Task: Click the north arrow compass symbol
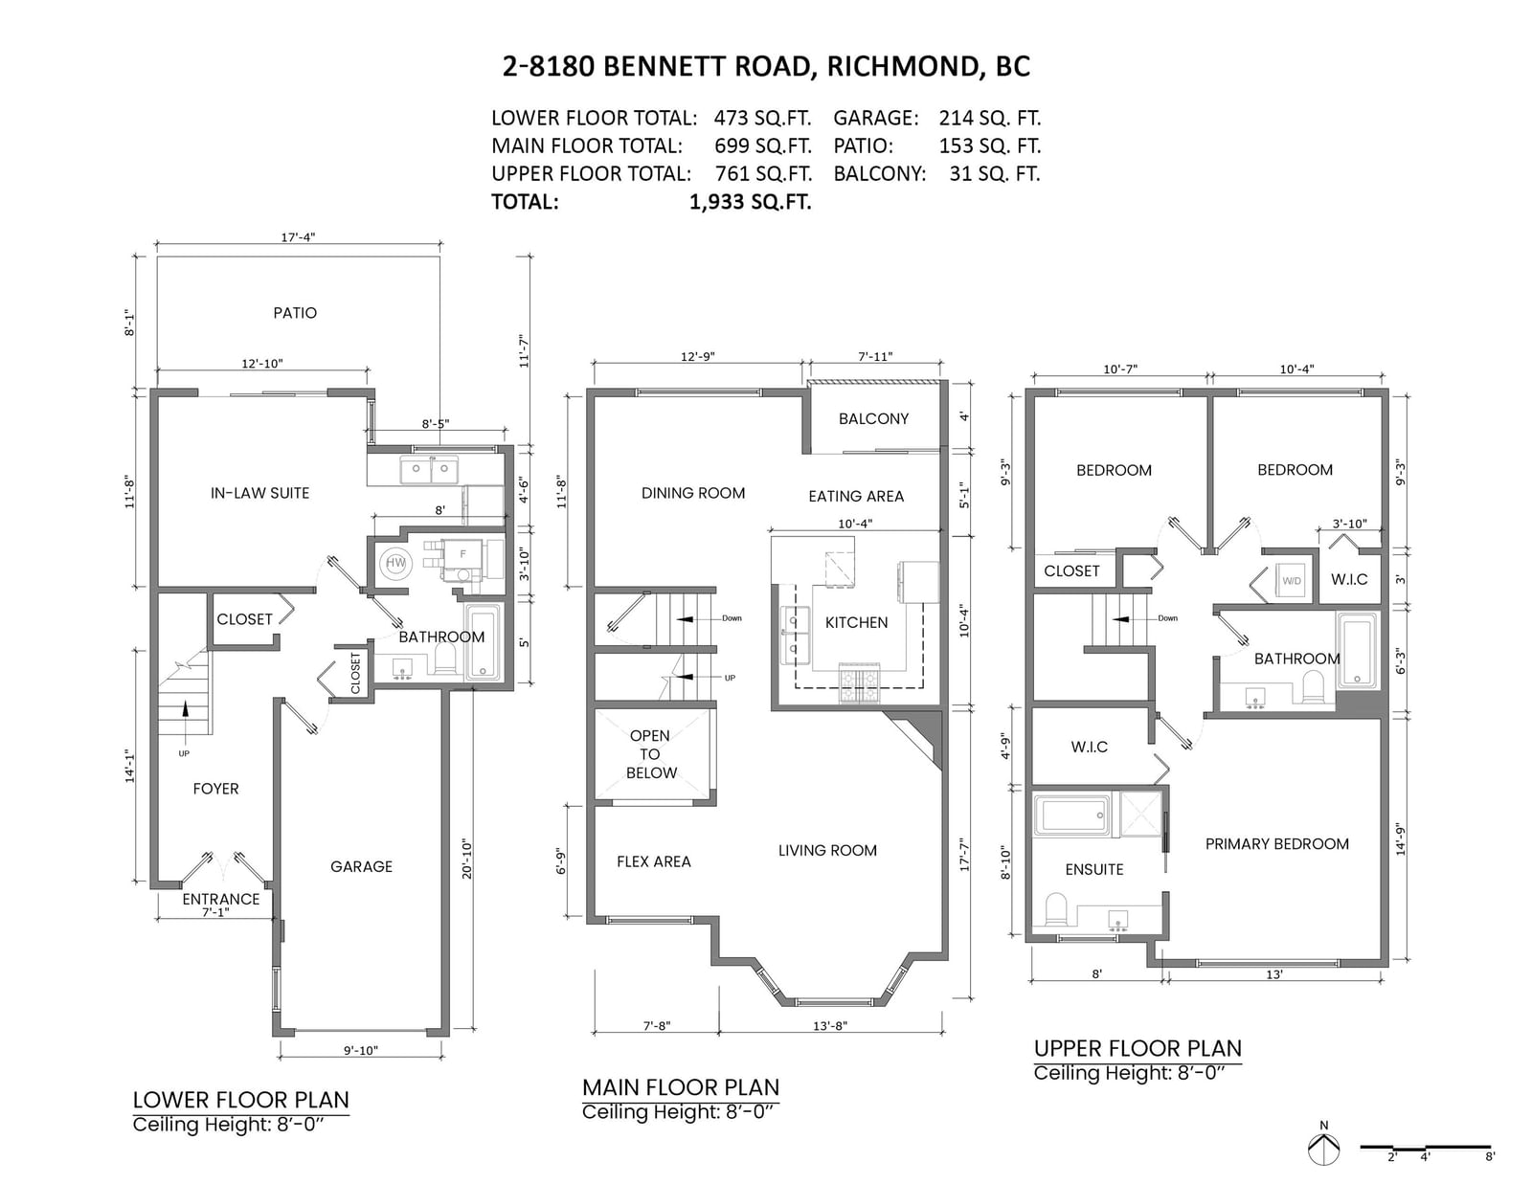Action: (x=1323, y=1150)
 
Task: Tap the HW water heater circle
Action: (x=395, y=563)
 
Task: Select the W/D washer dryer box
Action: (x=1292, y=581)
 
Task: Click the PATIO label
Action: (x=295, y=313)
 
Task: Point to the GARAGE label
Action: (x=361, y=866)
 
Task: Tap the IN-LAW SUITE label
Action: (x=259, y=493)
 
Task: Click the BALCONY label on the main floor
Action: (x=873, y=418)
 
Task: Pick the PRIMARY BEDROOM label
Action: (x=1276, y=843)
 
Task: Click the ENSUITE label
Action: (x=1094, y=870)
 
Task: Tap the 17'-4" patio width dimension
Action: (x=298, y=237)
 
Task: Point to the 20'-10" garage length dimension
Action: (x=466, y=859)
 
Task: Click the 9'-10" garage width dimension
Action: (x=361, y=1050)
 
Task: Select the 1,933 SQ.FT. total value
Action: (x=750, y=202)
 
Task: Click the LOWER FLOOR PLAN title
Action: (x=241, y=1100)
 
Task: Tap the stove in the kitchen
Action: (x=859, y=682)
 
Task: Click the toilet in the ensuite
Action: (x=1056, y=910)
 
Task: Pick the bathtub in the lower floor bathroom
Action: (x=483, y=642)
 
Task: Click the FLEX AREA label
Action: (x=654, y=861)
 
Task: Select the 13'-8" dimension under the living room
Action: (x=830, y=1025)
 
